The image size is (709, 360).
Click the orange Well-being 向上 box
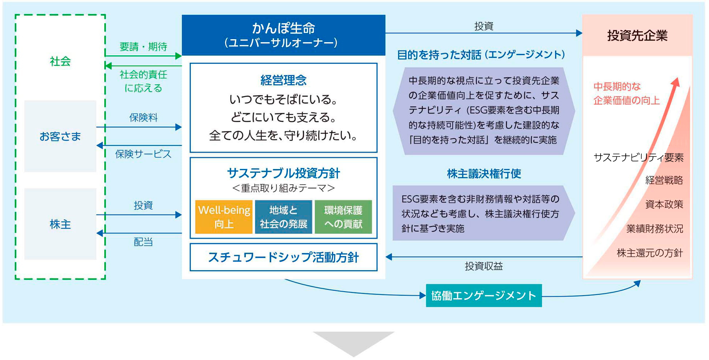pyautogui.click(x=224, y=217)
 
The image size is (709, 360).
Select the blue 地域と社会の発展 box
pyautogui.click(x=283, y=217)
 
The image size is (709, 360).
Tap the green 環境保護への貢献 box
pyautogui.click(x=343, y=217)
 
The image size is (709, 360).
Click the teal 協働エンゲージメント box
pyautogui.click(x=484, y=295)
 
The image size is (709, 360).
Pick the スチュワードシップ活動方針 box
pyautogui.click(x=283, y=257)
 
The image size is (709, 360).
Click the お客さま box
pyautogui.click(x=60, y=136)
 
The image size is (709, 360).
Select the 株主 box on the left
pyautogui.click(x=60, y=224)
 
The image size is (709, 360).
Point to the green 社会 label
pyautogui.click(x=60, y=61)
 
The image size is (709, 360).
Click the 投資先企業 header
pyautogui.click(x=637, y=35)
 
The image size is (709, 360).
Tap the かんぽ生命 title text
pyautogui.click(x=283, y=28)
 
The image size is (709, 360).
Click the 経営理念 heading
pyautogui.click(x=283, y=80)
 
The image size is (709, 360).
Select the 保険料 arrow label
pyautogui.click(x=143, y=117)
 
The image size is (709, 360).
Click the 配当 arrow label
pyautogui.click(x=143, y=242)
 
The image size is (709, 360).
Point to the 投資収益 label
pyautogui.click(x=484, y=266)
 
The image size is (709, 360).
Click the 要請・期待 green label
pyautogui.click(x=143, y=47)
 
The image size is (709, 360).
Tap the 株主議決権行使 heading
pyautogui.click(x=484, y=174)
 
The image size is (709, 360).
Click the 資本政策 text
pyautogui.click(x=664, y=204)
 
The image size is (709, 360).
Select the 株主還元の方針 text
pyautogui.click(x=650, y=253)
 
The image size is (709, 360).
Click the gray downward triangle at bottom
pyautogui.click(x=353, y=342)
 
